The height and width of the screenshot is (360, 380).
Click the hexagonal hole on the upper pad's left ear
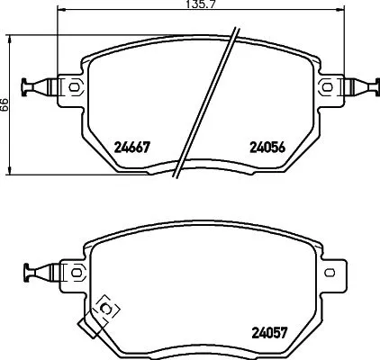click(75, 87)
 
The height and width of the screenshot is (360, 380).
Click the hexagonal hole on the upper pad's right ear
click(326, 87)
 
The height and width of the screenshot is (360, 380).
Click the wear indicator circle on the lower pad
click(107, 309)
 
